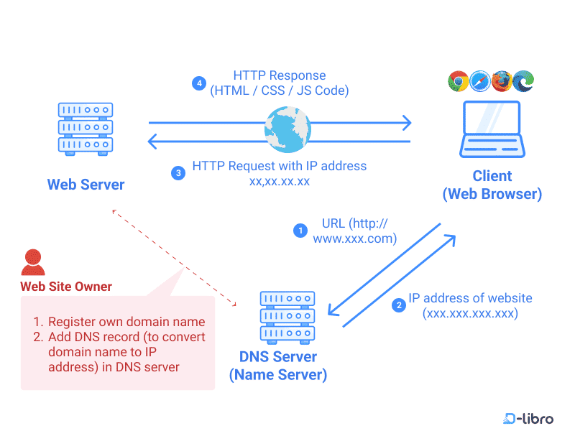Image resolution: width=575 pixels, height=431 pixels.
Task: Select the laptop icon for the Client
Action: pos(492,129)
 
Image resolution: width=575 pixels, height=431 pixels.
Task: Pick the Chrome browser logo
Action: pos(458,81)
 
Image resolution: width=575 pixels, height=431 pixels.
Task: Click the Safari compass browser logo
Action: pos(480,81)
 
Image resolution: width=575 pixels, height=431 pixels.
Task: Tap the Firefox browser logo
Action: pos(502,81)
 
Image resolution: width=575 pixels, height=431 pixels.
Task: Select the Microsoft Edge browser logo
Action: pos(524,81)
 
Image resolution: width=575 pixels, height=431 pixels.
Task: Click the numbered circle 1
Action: pos(300,230)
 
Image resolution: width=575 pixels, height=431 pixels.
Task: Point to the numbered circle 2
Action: pos(398,305)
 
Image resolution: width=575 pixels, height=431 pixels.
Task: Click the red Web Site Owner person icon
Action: pos(32,263)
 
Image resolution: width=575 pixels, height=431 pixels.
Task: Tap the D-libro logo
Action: pos(528,418)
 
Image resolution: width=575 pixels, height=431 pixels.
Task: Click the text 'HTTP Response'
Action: pos(279,75)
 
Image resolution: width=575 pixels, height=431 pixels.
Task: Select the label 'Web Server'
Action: pos(86,185)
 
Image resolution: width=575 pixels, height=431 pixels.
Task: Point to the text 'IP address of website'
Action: pos(470,298)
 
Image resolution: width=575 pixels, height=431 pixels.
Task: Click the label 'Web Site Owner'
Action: pos(66,287)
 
